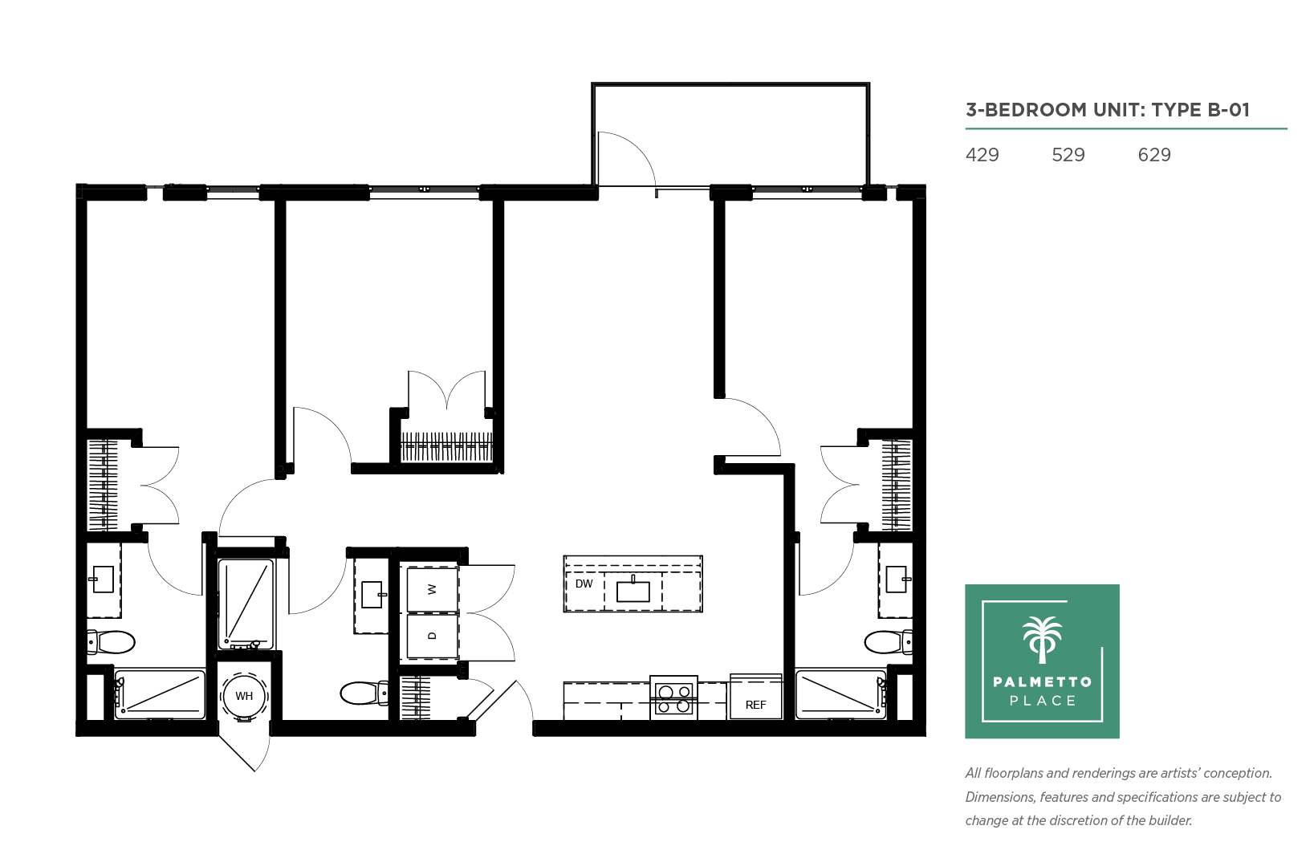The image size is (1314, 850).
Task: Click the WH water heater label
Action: (244, 696)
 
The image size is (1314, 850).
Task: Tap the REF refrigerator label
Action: (755, 705)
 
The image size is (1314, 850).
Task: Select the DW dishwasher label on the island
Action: (584, 584)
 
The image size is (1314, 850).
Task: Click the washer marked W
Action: (433, 589)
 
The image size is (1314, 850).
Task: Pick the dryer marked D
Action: (433, 636)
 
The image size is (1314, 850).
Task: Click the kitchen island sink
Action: (633, 591)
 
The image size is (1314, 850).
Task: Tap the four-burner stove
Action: (673, 698)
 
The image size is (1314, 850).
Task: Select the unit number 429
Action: (982, 155)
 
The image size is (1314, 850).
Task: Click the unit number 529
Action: (1068, 155)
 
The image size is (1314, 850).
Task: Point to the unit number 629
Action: (1154, 155)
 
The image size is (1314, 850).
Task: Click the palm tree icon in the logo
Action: (1042, 640)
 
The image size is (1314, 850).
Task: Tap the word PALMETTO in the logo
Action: (1043, 681)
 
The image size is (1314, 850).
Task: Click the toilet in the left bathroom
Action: (111, 642)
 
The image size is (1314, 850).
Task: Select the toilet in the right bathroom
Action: (888, 642)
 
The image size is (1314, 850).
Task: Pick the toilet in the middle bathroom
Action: (364, 693)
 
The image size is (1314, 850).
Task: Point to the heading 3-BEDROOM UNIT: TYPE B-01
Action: (1108, 110)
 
